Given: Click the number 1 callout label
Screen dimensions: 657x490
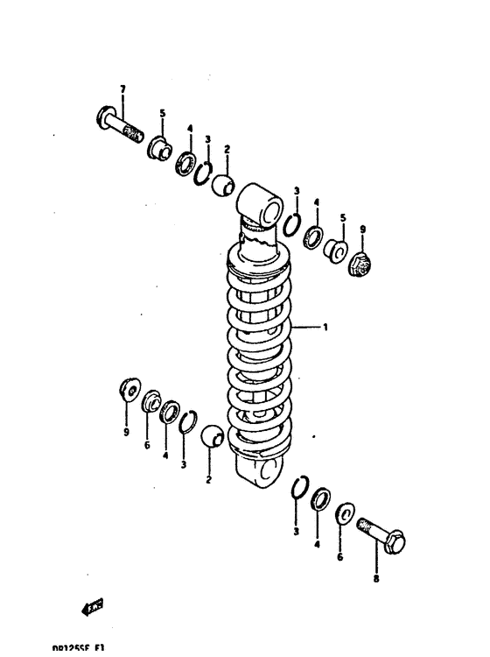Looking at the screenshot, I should click(325, 329).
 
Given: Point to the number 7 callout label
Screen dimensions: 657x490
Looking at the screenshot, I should click(122, 89).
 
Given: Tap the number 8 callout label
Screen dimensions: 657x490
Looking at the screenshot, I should click(376, 578).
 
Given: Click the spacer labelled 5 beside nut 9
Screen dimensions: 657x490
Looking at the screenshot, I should click(332, 250).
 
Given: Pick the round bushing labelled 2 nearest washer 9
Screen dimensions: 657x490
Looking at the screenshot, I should click(213, 437).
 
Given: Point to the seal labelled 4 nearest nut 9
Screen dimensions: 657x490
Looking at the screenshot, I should click(313, 237).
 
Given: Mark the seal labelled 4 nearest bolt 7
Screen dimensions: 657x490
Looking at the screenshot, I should click(185, 163).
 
